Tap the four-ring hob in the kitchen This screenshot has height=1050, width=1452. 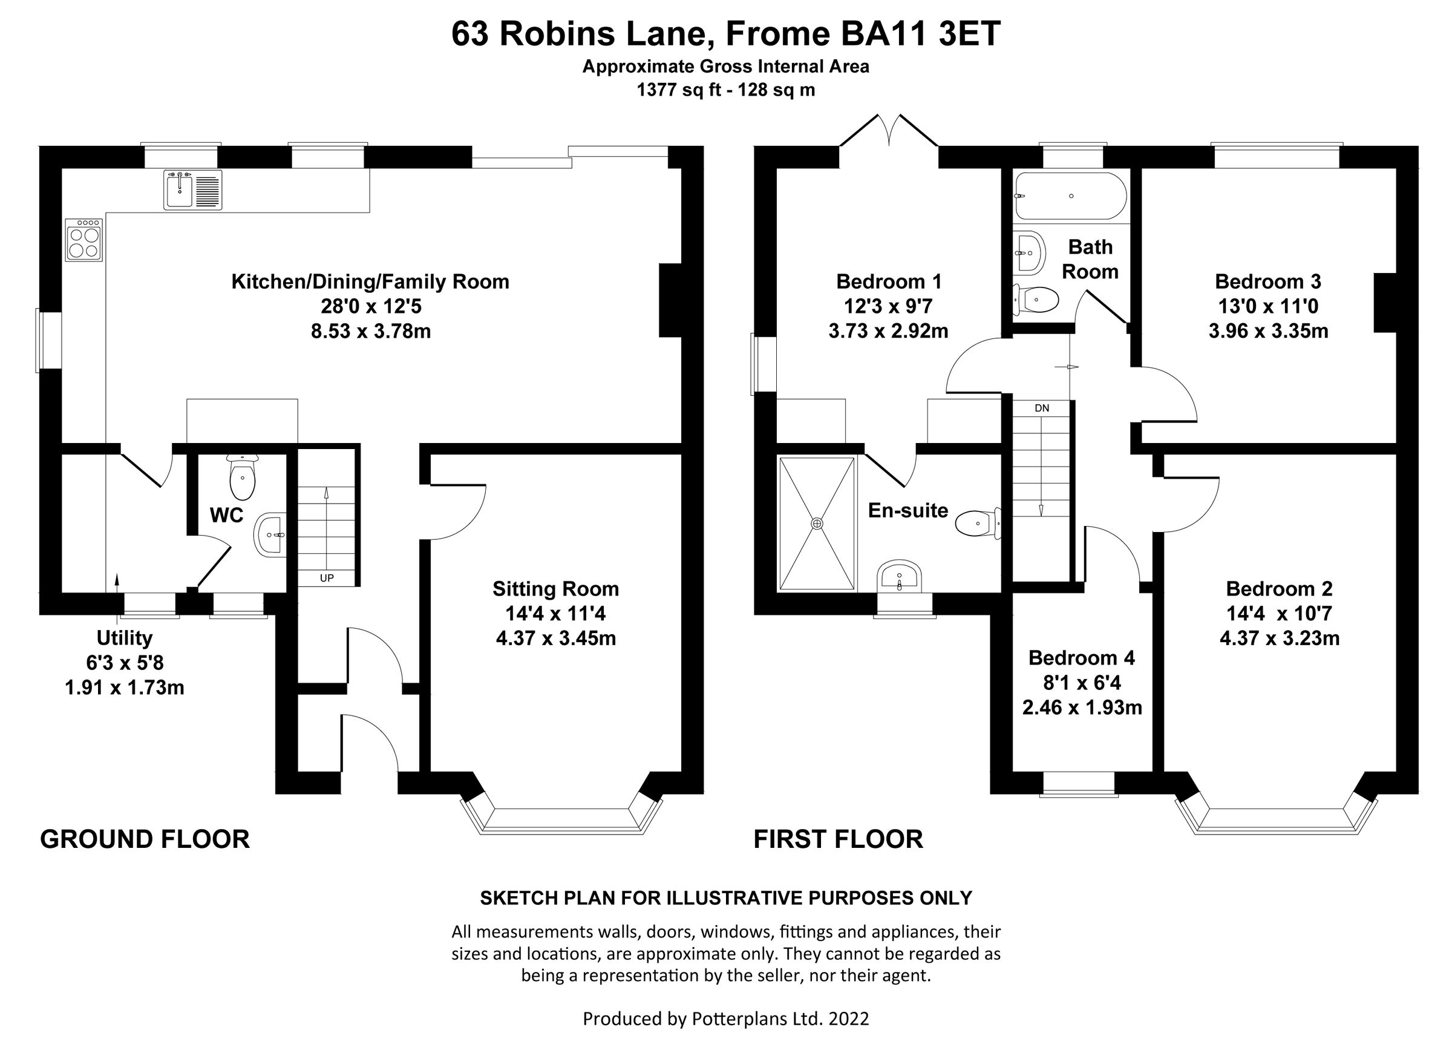pyautogui.click(x=84, y=239)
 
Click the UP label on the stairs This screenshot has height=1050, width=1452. pyautogui.click(x=327, y=578)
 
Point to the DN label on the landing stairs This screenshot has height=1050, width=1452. pyautogui.click(x=1042, y=408)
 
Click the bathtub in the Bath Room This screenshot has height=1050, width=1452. pyautogui.click(x=1070, y=197)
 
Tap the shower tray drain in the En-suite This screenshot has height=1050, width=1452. pyautogui.click(x=817, y=523)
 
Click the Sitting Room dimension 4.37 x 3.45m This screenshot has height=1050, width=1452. pyautogui.click(x=556, y=638)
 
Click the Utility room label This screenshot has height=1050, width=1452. pyautogui.click(x=124, y=638)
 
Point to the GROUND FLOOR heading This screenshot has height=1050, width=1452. pyautogui.click(x=145, y=839)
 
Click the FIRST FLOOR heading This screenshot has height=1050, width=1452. pyautogui.click(x=838, y=839)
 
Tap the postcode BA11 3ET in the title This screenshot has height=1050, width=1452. pyautogui.click(x=920, y=34)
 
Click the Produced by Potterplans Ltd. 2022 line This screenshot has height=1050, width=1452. pyautogui.click(x=725, y=1018)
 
